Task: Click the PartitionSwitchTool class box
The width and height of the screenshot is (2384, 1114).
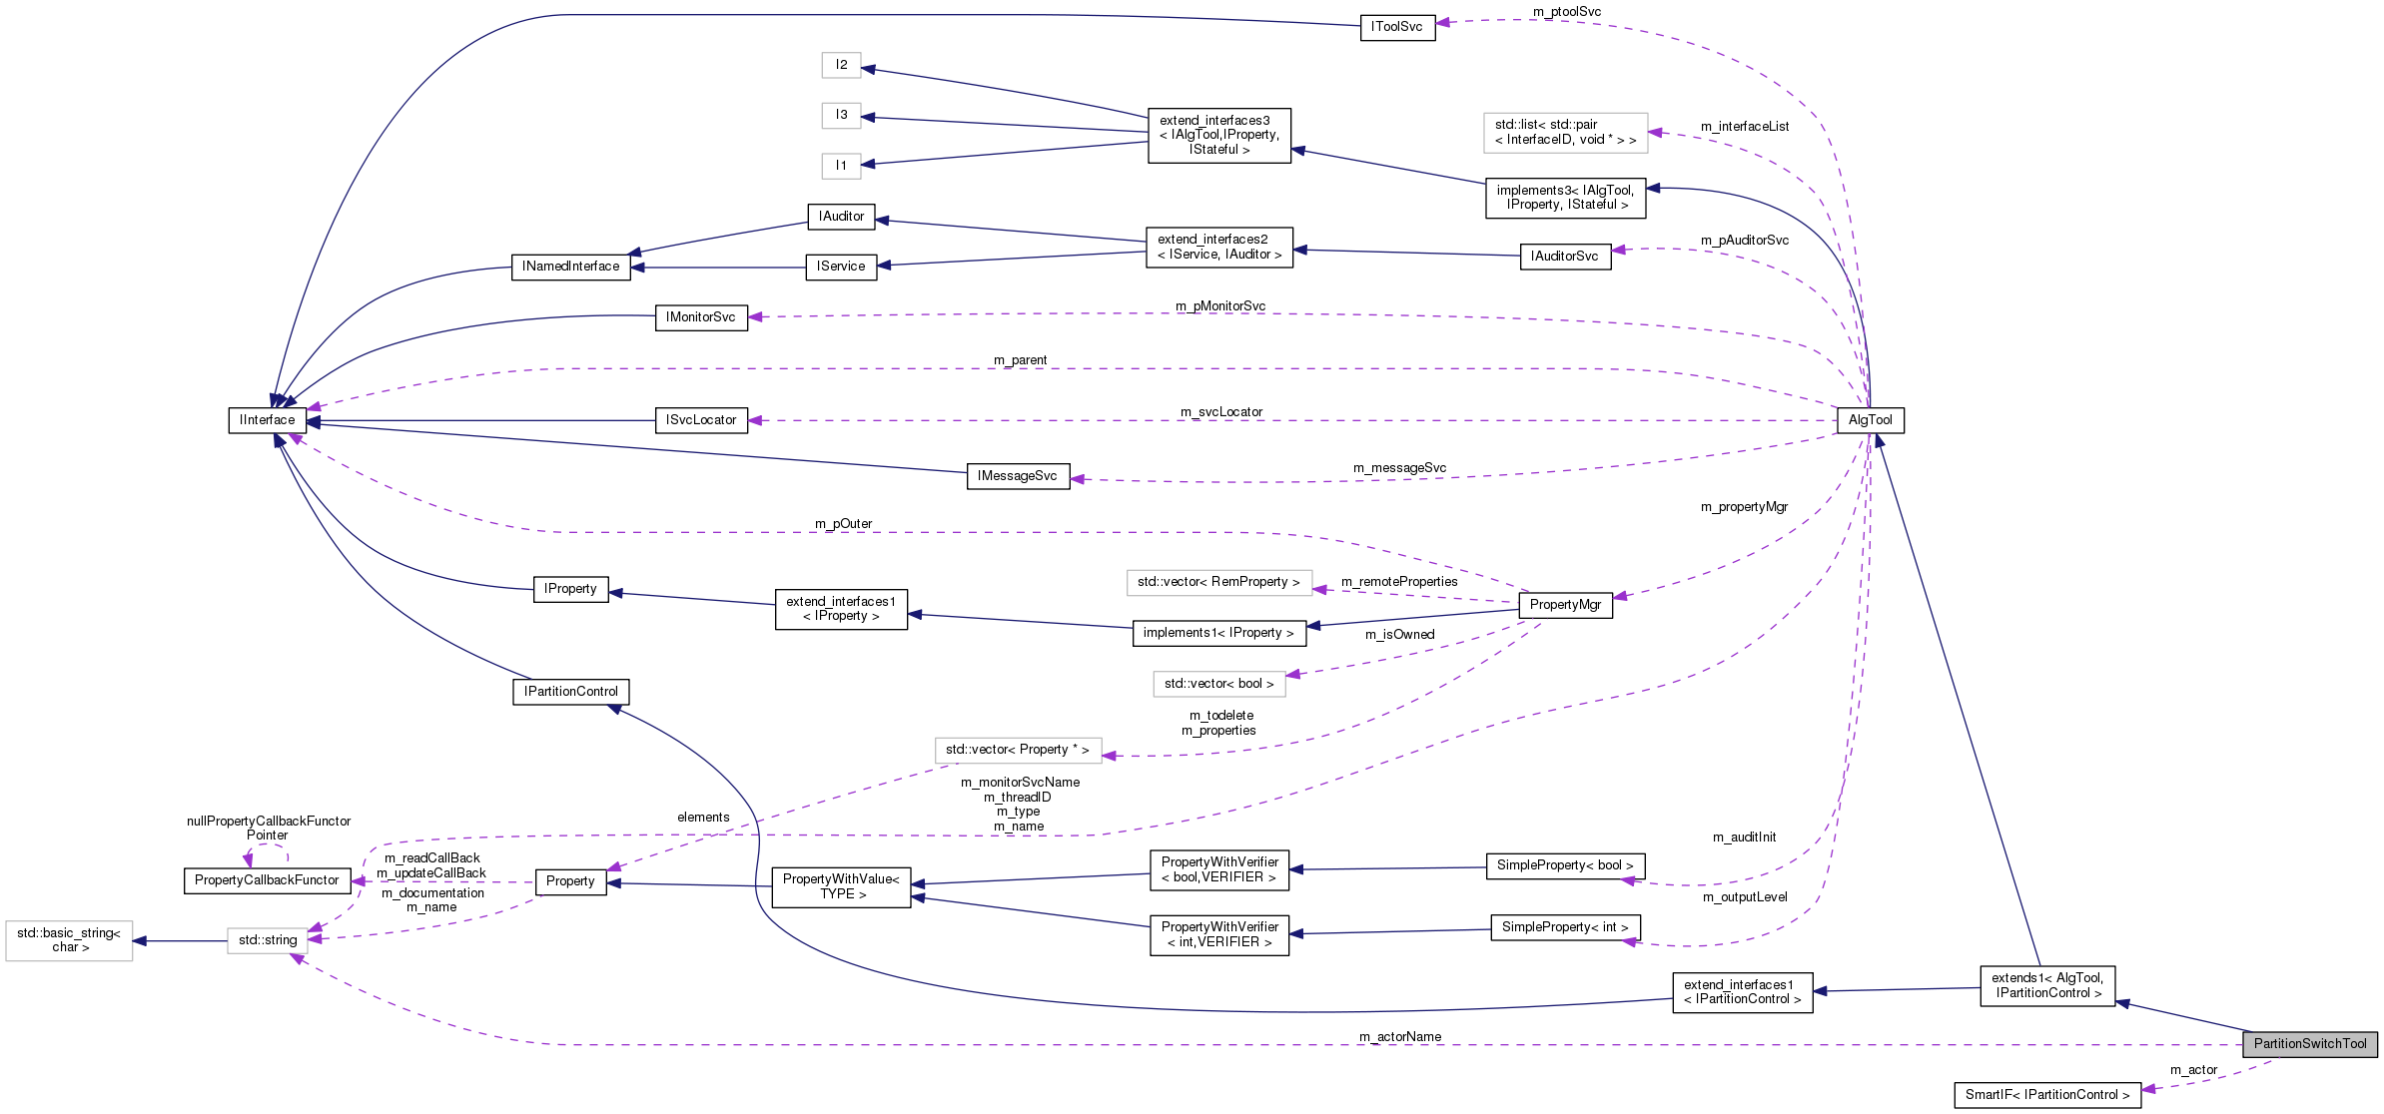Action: pyautogui.click(x=2309, y=1044)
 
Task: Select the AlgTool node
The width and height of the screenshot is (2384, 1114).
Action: pyautogui.click(x=1870, y=420)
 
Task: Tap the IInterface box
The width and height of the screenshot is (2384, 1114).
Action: pyautogui.click(x=267, y=420)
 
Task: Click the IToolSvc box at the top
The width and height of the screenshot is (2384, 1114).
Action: pyautogui.click(x=1396, y=27)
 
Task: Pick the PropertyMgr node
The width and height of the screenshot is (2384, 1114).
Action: pyautogui.click(x=1564, y=605)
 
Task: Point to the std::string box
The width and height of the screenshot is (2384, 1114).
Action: pyautogui.click(x=267, y=940)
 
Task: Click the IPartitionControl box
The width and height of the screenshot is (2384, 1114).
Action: pyautogui.click(x=570, y=692)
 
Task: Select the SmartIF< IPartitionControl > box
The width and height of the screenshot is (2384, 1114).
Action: pyautogui.click(x=2046, y=1095)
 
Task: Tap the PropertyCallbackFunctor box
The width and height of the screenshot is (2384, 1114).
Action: pyautogui.click(x=267, y=880)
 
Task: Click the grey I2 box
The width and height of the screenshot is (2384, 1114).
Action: pyautogui.click(x=841, y=65)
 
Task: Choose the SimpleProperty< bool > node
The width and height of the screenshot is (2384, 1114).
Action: pyautogui.click(x=1564, y=865)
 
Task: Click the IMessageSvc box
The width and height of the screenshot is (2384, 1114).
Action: pyautogui.click(x=1017, y=476)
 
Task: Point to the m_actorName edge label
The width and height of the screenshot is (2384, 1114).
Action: pyautogui.click(x=1399, y=1037)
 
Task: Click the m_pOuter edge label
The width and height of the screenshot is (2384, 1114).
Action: pyautogui.click(x=843, y=524)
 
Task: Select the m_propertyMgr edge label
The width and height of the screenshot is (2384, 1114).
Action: pyautogui.click(x=1744, y=507)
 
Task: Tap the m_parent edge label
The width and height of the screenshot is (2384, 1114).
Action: pyautogui.click(x=1020, y=360)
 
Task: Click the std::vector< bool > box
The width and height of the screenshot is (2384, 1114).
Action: pyautogui.click(x=1218, y=684)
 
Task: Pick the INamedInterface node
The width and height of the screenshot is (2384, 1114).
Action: pyautogui.click(x=570, y=267)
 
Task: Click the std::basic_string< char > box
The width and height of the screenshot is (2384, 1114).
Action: pyautogui.click(x=69, y=940)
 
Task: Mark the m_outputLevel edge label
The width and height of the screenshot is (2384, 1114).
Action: pyautogui.click(x=1744, y=897)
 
